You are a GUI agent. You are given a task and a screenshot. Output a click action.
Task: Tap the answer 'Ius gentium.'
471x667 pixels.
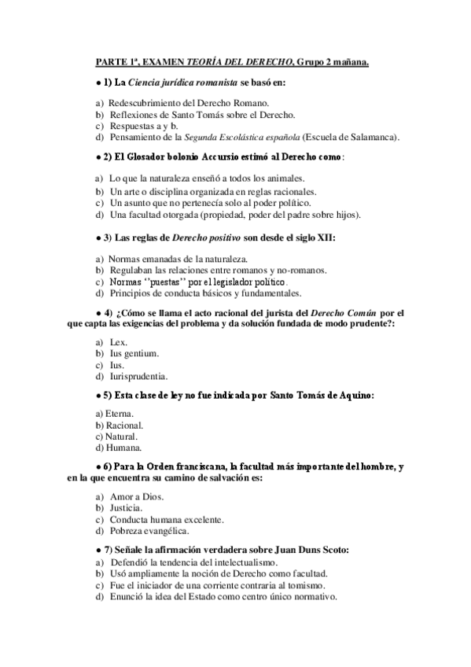click(134, 354)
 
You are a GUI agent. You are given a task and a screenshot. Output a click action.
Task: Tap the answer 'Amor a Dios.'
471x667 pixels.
click(135, 497)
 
